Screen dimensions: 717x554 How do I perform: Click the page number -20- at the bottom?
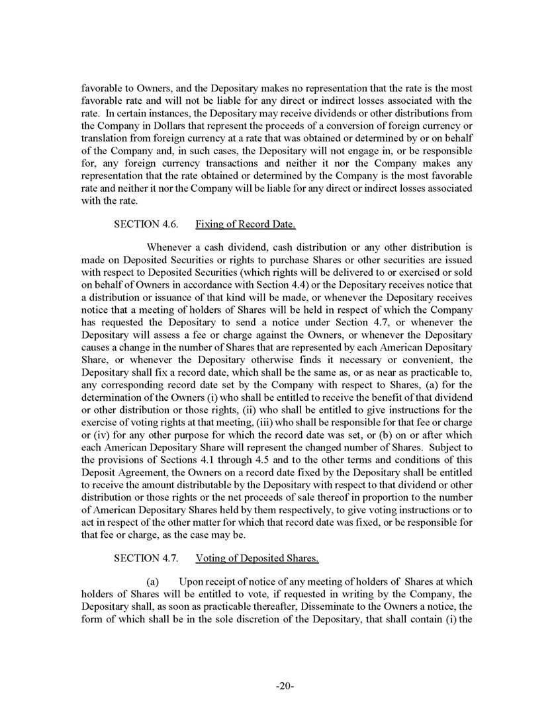pos(285,686)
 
